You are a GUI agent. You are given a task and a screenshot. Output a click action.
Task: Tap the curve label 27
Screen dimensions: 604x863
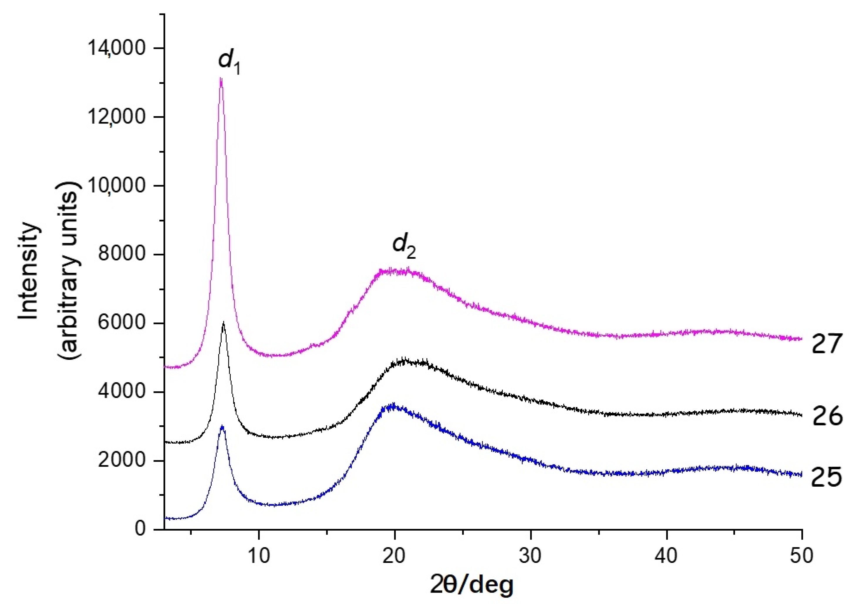(825, 344)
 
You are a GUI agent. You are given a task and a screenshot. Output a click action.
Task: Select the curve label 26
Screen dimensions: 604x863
(827, 417)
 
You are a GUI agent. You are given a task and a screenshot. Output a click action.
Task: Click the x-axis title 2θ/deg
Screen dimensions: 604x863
(472, 585)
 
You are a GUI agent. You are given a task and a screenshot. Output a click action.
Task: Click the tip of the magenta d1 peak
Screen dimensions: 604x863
(221, 78)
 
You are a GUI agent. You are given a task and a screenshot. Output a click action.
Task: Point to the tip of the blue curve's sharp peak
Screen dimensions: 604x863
(222, 426)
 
